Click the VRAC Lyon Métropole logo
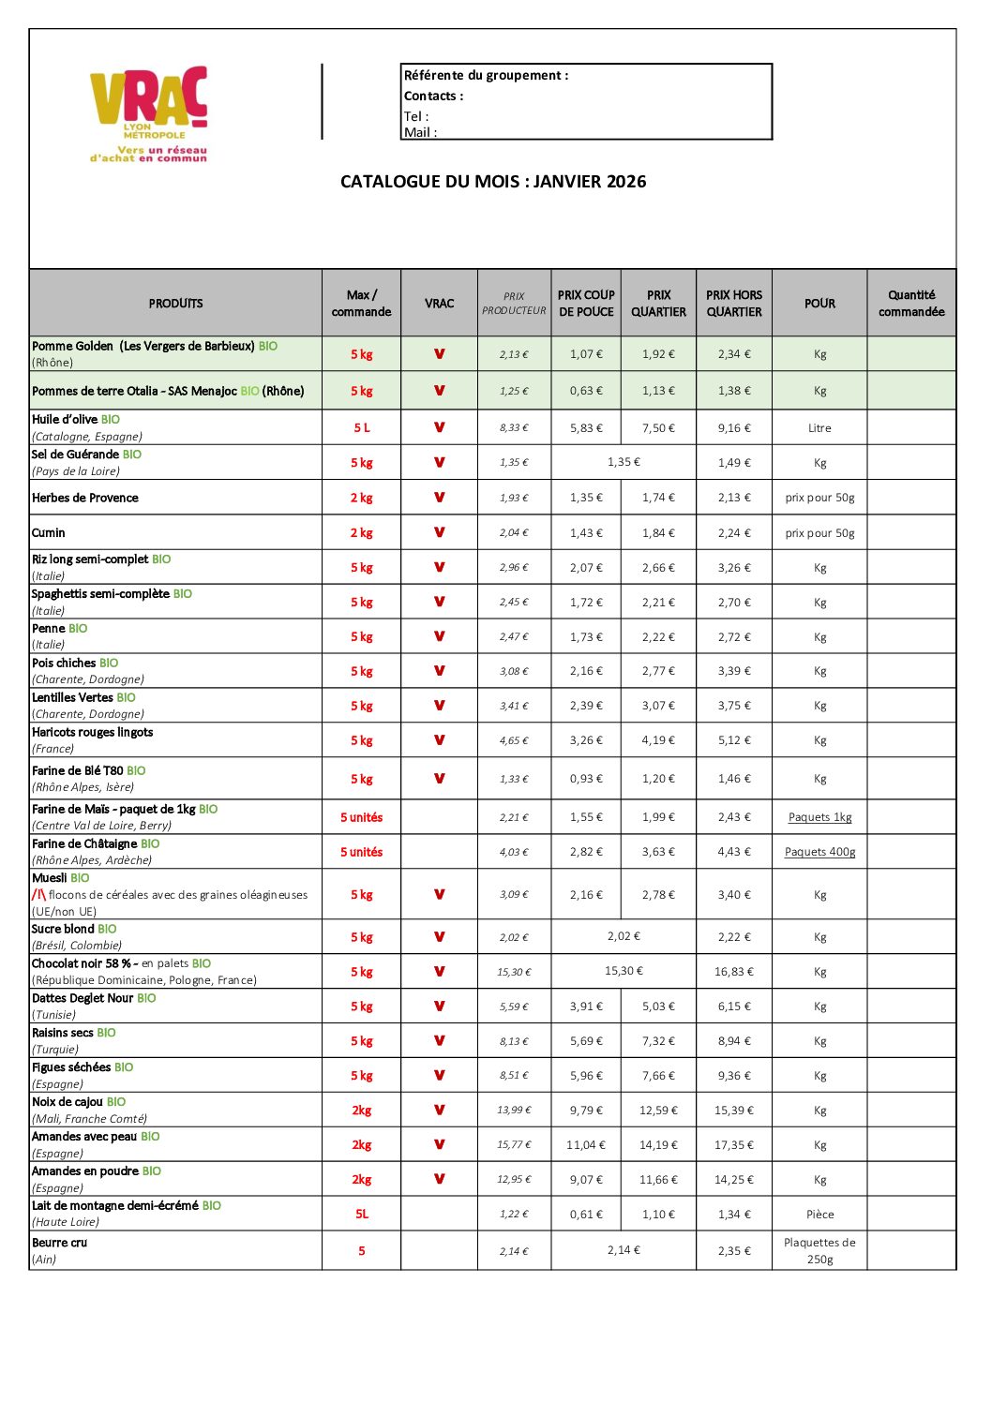point(148,113)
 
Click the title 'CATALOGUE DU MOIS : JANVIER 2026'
point(493,182)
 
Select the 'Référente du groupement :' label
point(486,75)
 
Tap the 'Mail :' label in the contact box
point(420,132)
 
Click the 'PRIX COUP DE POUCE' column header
point(586,304)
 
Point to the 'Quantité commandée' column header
point(911,304)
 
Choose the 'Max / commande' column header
point(361,304)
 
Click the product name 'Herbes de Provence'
point(85,498)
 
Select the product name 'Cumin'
point(49,532)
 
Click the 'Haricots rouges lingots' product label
point(92,732)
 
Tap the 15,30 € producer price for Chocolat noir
point(514,972)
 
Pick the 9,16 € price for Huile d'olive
point(734,428)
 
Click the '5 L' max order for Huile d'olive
point(362,427)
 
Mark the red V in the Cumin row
point(439,532)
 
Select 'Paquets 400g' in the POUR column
point(819,852)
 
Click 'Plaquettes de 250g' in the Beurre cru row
point(819,1250)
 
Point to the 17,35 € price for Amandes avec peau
point(734,1145)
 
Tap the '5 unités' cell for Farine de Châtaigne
point(361,852)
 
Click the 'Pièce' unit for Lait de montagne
point(819,1215)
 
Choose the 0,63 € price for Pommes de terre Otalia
point(586,391)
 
